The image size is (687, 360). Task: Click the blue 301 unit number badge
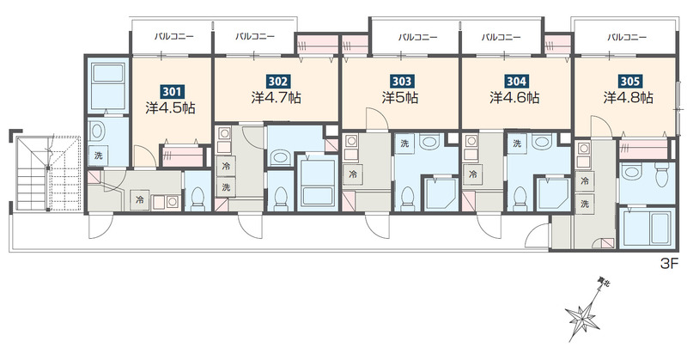pos(172,92)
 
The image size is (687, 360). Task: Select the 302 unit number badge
pos(277,81)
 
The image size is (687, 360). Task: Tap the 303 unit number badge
pos(401,81)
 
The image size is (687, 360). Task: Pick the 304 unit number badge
pos(516,81)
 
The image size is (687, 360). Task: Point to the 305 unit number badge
pos(630,81)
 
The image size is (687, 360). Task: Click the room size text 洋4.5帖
pos(170,108)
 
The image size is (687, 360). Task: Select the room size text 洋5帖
pos(400,97)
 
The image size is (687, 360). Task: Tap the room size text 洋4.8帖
pos(629,97)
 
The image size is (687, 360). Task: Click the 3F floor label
pos(669,264)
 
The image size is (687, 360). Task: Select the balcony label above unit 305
pos(627,37)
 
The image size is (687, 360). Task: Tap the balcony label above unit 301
pos(174,36)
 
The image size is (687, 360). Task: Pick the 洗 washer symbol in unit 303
pos(404,143)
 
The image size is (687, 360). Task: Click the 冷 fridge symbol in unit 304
pos(472,174)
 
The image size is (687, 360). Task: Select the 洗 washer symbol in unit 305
pos(585,204)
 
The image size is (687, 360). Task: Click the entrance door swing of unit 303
pos(378,226)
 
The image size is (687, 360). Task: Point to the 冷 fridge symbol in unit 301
pos(140,200)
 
